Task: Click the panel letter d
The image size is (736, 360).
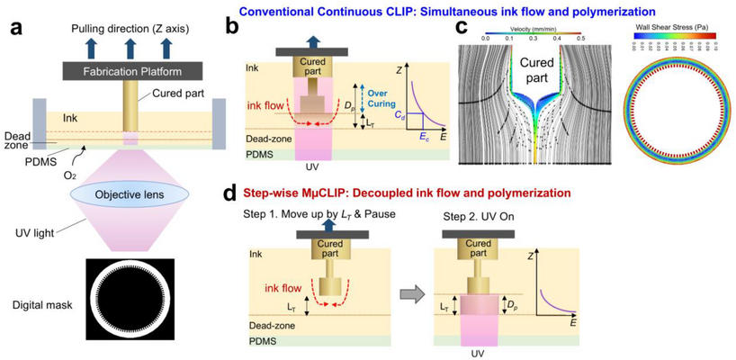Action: tap(232, 193)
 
